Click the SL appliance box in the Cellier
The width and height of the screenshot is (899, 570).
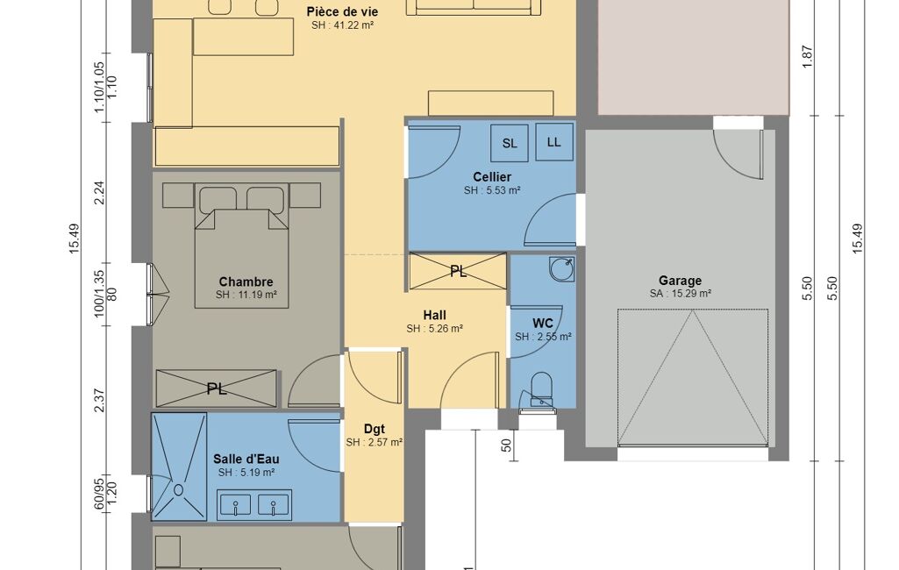click(x=510, y=143)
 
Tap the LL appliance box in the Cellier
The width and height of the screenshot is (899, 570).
click(x=553, y=142)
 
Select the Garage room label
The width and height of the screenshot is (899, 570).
click(x=680, y=281)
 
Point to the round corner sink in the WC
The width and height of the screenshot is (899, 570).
click(x=562, y=269)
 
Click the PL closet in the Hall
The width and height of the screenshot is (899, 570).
click(x=458, y=271)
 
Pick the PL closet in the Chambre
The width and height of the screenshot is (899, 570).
click(x=216, y=388)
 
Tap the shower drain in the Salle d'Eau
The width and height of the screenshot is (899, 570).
click(x=178, y=490)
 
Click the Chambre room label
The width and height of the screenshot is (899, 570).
click(x=246, y=281)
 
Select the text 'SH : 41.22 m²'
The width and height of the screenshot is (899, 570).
click(x=343, y=25)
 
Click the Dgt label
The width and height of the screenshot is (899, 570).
click(x=375, y=429)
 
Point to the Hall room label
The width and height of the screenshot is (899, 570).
click(x=435, y=315)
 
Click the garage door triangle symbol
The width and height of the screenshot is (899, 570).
click(x=693, y=377)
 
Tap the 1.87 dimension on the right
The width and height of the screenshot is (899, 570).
click(x=808, y=57)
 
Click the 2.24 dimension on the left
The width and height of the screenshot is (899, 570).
click(x=99, y=193)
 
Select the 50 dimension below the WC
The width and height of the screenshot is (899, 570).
click(x=506, y=445)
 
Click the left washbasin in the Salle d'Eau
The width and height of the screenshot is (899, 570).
click(x=236, y=505)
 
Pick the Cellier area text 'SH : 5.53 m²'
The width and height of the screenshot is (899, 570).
click(x=492, y=190)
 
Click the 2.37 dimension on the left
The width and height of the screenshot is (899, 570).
click(x=99, y=400)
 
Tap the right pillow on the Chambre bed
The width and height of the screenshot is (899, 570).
click(x=266, y=198)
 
